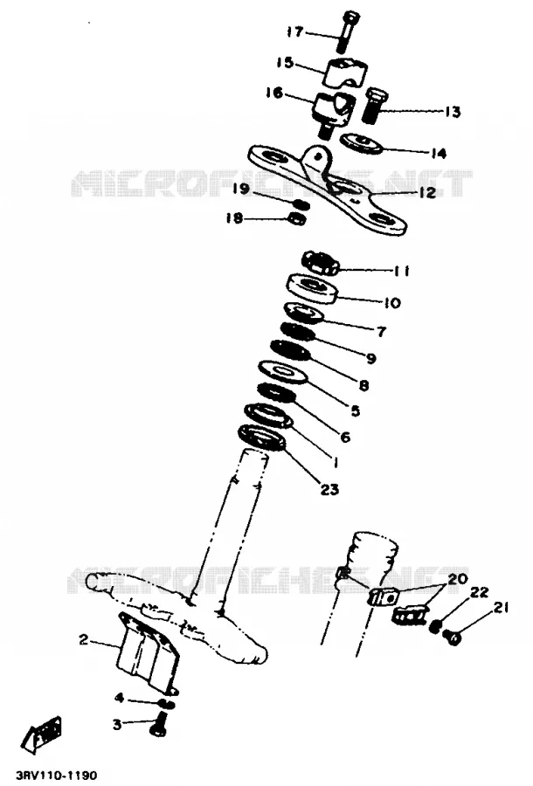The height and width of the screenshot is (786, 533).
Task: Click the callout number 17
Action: tap(295, 32)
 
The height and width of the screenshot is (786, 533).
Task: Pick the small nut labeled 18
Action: tap(297, 218)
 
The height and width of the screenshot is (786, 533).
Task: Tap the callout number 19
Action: tap(241, 189)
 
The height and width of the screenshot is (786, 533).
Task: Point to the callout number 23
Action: tap(329, 489)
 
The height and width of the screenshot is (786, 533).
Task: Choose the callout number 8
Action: tap(364, 385)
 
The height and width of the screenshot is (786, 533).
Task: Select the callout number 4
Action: tap(120, 697)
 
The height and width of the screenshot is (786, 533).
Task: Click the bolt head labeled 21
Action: tap(453, 638)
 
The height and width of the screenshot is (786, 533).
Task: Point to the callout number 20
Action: tap(457, 579)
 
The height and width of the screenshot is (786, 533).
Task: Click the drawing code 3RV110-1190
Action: tap(56, 776)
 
